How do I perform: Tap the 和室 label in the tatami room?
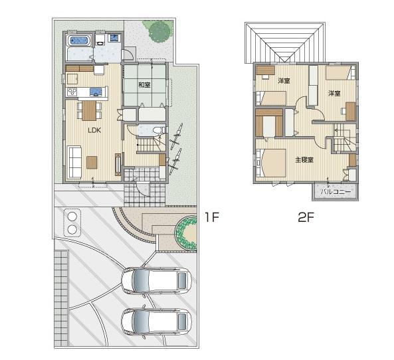[x=144, y=84]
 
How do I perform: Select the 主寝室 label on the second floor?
[x=304, y=159]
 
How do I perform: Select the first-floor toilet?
[x=158, y=130]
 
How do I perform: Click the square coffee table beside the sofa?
[x=92, y=161]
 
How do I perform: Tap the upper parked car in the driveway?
[x=157, y=281]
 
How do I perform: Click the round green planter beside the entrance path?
[x=185, y=233]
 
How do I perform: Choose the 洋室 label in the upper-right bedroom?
[x=334, y=94]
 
